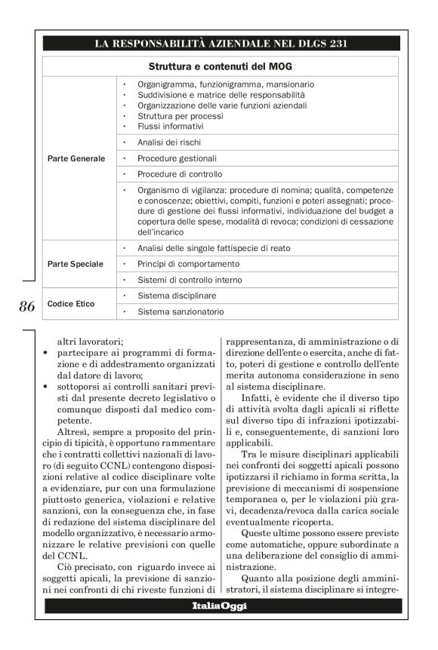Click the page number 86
(x=26, y=306)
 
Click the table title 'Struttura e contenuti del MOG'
(x=219, y=66)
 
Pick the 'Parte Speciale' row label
(x=76, y=265)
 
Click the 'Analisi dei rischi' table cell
(x=169, y=142)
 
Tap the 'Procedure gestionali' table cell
(x=177, y=158)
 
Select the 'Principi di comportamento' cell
(x=188, y=265)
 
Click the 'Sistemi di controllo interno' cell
(x=189, y=281)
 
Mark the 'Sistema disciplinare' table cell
(x=177, y=296)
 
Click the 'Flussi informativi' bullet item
(x=170, y=126)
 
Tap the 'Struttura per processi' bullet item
(x=180, y=116)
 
